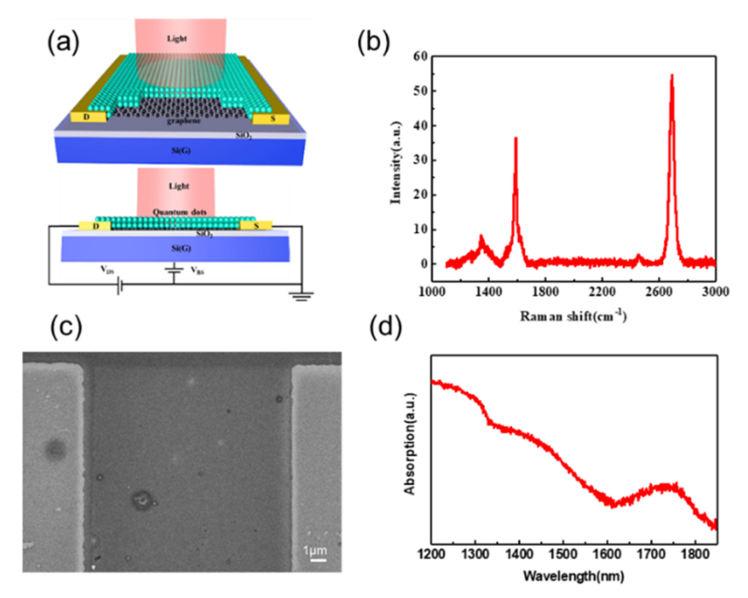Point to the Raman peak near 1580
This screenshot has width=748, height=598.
515,139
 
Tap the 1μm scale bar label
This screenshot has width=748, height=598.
317,550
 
